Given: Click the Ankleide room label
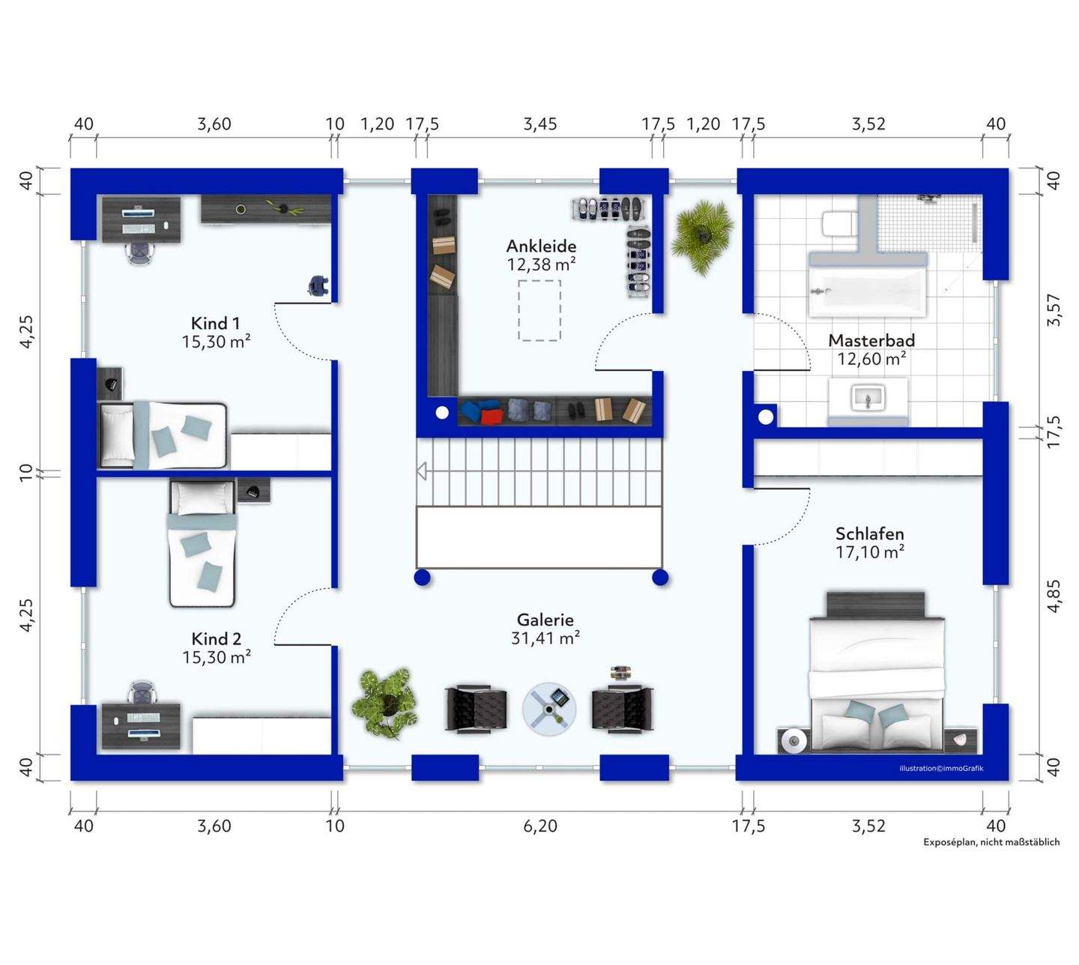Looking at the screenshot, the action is pos(540,246).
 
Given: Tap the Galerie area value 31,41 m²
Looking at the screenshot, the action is pos(545,638).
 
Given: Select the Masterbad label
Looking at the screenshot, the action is pos(871,340).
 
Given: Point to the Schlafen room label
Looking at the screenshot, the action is pos(870,533).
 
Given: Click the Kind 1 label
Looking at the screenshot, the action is pos(215,323).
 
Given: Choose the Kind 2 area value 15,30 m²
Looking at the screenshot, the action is pos(217,657).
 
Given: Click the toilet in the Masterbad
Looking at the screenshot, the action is pos(839,224).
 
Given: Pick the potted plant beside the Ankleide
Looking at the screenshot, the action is pos(702,237).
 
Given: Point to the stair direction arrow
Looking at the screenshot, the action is pos(421,471).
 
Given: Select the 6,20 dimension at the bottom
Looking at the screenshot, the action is pos(540,826).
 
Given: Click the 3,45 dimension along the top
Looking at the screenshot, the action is pos(540,124).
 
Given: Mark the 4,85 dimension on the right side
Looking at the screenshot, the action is pos(1054,596).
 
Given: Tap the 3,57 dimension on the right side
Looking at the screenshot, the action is pos(1054,310).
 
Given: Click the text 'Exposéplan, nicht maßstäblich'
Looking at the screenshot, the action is pos(991,842).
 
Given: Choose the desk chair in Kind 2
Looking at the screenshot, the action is pos(143,692).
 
